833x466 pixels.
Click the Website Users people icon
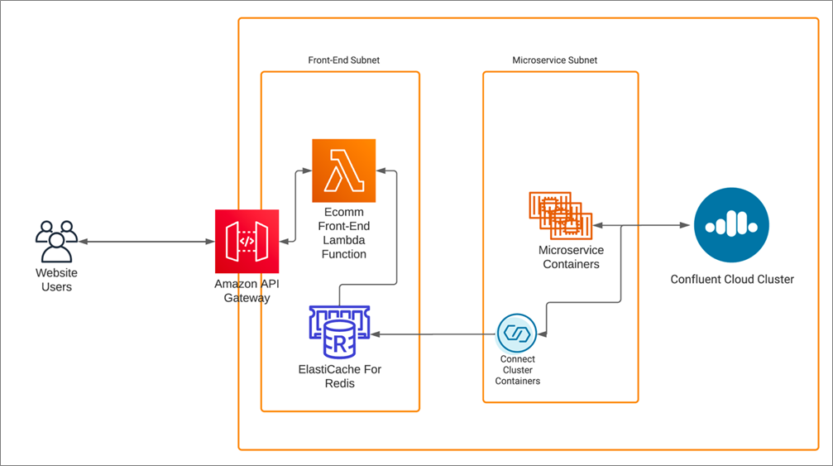pos(56,242)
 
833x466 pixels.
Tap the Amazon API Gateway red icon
pos(247,241)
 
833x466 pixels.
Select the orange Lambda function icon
pos(344,171)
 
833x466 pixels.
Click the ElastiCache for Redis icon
pos(339,332)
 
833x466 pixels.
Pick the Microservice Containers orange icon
pos(561,215)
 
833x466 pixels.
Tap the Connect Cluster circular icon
pos(516,334)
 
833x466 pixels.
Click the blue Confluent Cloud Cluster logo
pos(731,225)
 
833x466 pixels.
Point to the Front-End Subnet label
pos(344,60)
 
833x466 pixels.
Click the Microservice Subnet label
pos(554,60)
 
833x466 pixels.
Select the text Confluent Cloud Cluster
pos(732,279)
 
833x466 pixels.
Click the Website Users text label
pos(56,280)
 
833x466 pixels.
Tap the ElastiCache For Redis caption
pos(339,377)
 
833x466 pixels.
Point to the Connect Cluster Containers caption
pos(518,370)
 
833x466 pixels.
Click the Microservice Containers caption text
pos(571,257)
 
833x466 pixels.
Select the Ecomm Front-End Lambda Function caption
pos(344,233)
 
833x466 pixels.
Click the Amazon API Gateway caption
pos(247,291)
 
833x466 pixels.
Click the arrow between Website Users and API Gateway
pos(146,242)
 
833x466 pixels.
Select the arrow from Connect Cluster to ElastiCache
pos(433,334)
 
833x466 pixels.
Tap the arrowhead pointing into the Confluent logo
pos(685,225)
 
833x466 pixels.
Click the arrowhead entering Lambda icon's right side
pos(381,171)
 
